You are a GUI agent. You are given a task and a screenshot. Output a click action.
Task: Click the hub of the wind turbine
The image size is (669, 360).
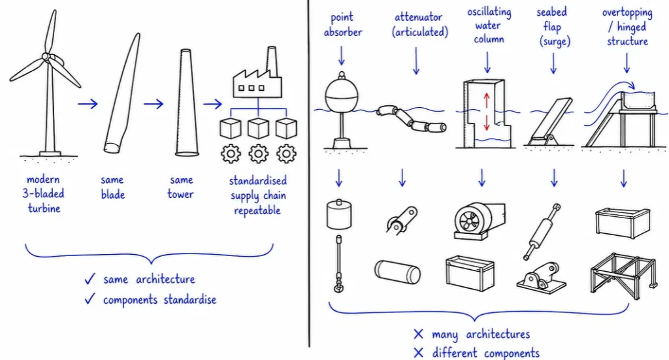coord(46,57)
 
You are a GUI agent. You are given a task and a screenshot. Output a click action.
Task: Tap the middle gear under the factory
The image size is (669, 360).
coord(258,154)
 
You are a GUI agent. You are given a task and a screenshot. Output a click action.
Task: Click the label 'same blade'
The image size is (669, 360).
coord(112,187)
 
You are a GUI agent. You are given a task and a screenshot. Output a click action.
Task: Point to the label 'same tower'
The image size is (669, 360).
coord(180,187)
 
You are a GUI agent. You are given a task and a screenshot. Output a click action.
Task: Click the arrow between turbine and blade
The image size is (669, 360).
coord(88,104)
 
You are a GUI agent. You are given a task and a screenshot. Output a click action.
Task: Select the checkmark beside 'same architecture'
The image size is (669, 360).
coord(90,279)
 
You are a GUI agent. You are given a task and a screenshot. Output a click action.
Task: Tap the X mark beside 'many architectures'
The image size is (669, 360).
coord(418,334)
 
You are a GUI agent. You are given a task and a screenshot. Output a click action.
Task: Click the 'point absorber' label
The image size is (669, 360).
coord(342,25)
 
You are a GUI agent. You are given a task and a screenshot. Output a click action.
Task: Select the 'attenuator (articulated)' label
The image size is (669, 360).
coord(420,25)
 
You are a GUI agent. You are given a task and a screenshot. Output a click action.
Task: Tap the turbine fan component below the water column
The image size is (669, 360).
coord(480,221)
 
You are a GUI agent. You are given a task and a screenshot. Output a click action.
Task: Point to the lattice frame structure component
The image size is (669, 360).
coord(623,273)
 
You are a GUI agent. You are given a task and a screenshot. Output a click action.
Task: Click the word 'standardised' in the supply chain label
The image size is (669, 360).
coord(257,181)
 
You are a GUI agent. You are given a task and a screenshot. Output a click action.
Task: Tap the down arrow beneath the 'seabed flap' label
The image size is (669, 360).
coord(554,63)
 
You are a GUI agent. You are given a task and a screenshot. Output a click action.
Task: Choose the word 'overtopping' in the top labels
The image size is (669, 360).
coord(627,13)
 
